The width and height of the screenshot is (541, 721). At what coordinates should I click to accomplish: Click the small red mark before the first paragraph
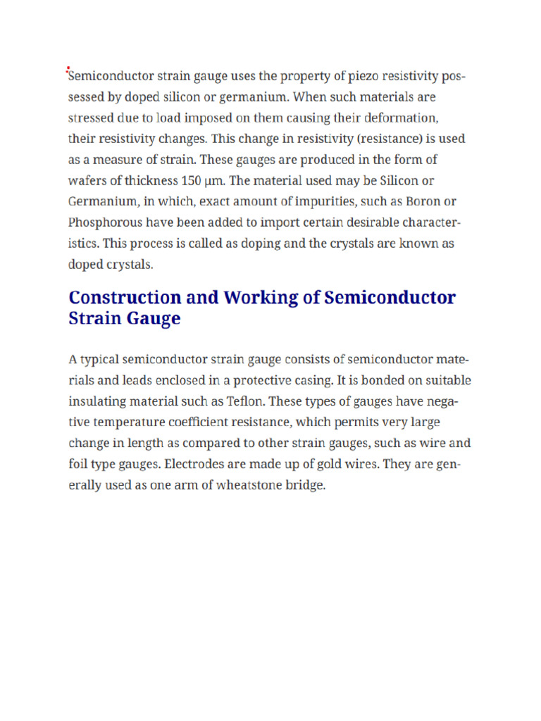(68, 69)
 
